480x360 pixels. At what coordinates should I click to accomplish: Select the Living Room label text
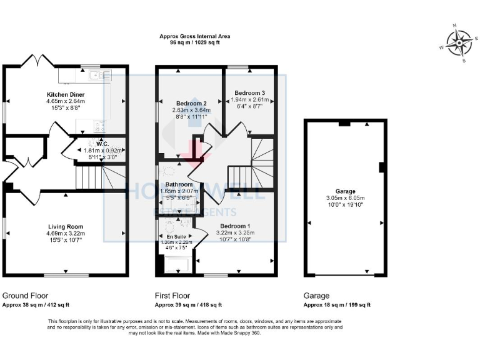pos(66,226)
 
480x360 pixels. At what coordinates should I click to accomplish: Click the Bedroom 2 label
pos(191,103)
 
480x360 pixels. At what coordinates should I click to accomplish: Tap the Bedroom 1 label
pos(234,226)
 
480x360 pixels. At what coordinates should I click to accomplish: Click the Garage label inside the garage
pos(345,191)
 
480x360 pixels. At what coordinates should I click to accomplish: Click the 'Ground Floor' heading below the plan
pos(26,296)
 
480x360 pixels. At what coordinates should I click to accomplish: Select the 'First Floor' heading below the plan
pos(172,296)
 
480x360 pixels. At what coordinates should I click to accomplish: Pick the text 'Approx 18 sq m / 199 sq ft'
pos(337,305)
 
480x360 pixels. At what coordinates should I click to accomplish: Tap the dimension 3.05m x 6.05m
pos(345,197)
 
